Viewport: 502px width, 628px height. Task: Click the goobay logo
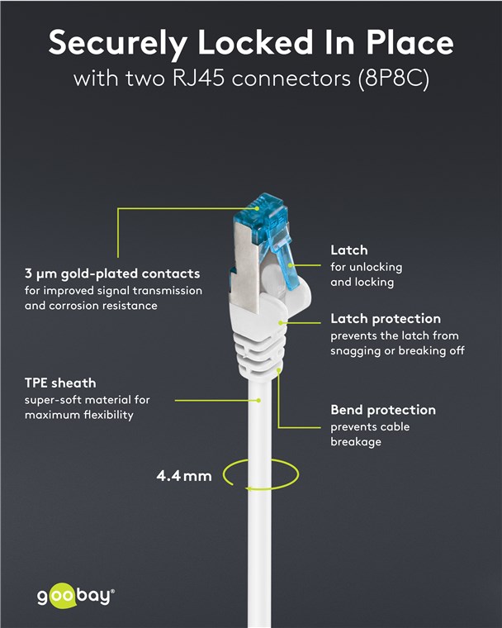click(x=76, y=597)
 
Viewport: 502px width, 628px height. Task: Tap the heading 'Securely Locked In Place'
click(x=251, y=43)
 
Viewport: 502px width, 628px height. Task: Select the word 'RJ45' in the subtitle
click(x=198, y=78)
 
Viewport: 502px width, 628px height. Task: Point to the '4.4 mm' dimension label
click(x=184, y=476)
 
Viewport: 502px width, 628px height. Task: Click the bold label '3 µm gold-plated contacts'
click(x=112, y=274)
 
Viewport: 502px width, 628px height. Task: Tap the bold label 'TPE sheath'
click(x=60, y=383)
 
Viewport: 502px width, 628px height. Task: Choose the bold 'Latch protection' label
click(x=386, y=319)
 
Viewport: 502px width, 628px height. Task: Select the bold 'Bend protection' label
click(x=383, y=410)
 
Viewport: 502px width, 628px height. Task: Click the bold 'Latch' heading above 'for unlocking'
click(x=349, y=250)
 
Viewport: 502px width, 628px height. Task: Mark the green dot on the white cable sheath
click(x=259, y=400)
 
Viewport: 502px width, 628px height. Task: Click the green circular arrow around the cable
click(x=261, y=474)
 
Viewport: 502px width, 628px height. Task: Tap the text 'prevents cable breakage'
click(x=370, y=435)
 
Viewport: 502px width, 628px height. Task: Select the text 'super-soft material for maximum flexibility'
click(x=88, y=407)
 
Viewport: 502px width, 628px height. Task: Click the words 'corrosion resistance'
click(x=103, y=306)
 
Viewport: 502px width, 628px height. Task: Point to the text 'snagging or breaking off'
click(x=397, y=351)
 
